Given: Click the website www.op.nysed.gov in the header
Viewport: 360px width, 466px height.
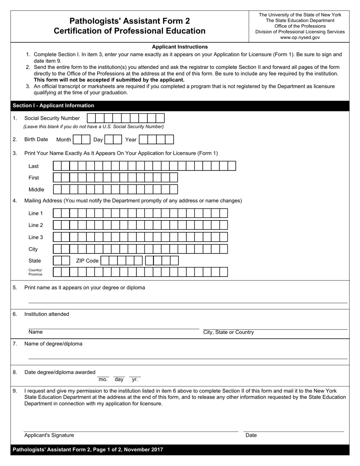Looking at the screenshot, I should [x=300, y=38].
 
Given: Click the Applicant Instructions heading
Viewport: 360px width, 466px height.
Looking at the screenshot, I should [x=180, y=47].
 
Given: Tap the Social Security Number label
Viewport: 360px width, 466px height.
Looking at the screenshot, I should [x=52, y=118].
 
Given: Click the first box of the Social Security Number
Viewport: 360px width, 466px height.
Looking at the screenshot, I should [x=91, y=118].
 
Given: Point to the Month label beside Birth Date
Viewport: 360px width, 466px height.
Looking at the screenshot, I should [x=63, y=140].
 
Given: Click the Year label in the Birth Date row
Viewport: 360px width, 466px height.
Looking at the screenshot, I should [x=130, y=140].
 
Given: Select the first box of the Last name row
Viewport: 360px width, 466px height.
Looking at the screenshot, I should [x=57, y=166].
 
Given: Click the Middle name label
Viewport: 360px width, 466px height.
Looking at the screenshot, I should [x=36, y=189].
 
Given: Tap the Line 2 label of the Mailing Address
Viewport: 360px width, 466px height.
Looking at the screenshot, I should [x=36, y=225].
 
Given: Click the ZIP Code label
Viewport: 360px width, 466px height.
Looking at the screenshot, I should [x=87, y=261].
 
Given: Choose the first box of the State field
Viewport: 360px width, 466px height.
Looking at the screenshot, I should [x=57, y=261].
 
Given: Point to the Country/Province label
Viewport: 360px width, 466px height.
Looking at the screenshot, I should [x=35, y=272].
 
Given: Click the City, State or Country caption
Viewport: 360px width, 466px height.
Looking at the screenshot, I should [x=229, y=332].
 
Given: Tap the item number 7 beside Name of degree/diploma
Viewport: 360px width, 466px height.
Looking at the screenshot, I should [x=15, y=344].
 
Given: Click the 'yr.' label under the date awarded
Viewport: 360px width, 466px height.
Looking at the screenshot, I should [x=135, y=379].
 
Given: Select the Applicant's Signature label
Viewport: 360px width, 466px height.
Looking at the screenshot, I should [x=49, y=435].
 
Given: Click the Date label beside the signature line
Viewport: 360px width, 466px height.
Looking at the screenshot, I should [x=251, y=435].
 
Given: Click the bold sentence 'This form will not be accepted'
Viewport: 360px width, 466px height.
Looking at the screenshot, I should [x=109, y=80].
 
